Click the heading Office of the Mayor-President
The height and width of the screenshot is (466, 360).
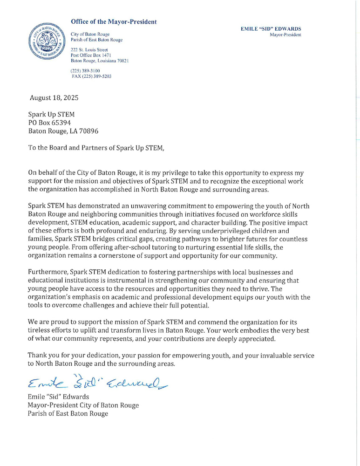pyautogui.click(x=114, y=22)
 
